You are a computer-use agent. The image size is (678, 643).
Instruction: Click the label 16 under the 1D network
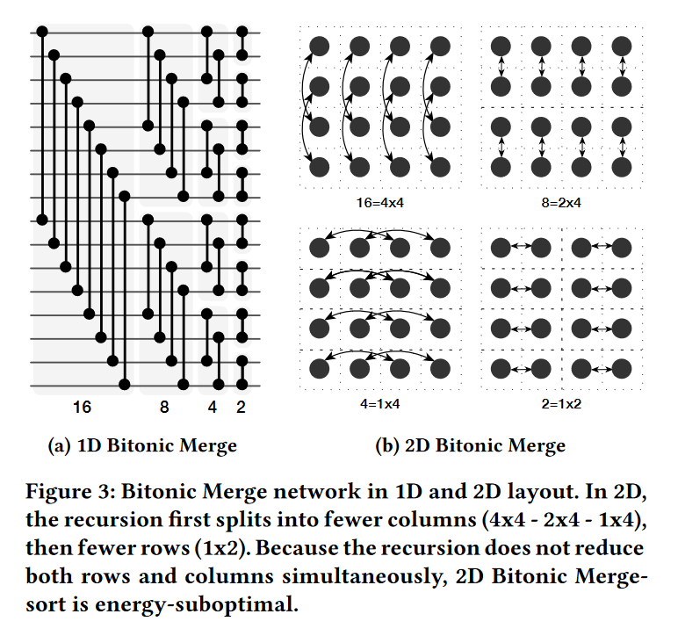click(x=82, y=408)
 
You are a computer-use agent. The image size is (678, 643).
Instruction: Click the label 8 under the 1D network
click(x=164, y=408)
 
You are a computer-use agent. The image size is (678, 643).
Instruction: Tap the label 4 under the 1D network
click(x=212, y=408)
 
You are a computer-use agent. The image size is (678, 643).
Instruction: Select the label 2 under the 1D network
click(x=241, y=408)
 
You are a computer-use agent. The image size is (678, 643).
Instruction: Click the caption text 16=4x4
click(x=379, y=202)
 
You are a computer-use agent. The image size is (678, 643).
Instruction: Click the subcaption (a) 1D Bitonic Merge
click(x=141, y=446)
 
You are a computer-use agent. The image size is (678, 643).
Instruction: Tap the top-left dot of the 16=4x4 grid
click(x=320, y=46)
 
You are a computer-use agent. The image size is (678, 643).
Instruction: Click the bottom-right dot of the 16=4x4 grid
click(x=441, y=166)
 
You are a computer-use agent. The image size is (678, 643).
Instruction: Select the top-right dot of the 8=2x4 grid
click(x=622, y=46)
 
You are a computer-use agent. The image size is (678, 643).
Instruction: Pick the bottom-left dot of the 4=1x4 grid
click(x=320, y=369)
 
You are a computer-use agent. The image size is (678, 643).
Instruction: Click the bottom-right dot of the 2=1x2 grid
click(x=622, y=369)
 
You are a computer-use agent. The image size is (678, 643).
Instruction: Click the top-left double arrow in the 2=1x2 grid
click(x=519, y=248)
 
